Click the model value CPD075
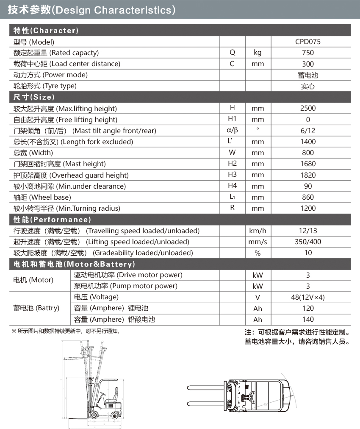pos(308,42)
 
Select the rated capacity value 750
pos(308,53)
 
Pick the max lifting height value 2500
pos(308,108)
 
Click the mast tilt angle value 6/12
pos(308,131)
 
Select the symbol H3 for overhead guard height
pos(232,175)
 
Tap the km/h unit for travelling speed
pos(258,231)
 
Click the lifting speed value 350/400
pos(308,242)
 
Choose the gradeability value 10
pos(308,253)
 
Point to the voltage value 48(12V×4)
pos(308,297)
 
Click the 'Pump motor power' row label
pos(126,286)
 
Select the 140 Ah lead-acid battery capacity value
pos(308,319)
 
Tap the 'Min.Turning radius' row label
pos(67,208)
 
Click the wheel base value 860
pos(308,197)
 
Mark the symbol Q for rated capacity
pos(232,53)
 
